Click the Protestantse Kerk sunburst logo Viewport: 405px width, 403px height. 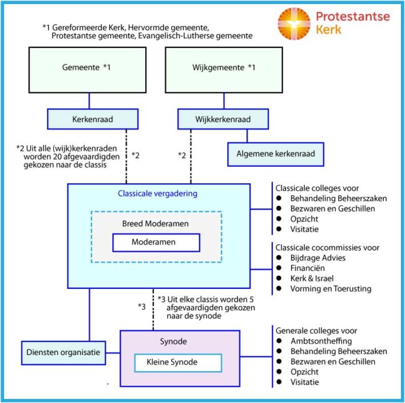(293, 23)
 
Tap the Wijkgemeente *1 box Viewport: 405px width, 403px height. (223, 69)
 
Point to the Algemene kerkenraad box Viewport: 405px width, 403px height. (275, 154)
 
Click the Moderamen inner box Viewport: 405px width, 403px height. (156, 242)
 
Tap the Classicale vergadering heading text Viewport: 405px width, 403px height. (157, 194)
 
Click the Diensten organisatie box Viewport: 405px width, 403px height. (63, 352)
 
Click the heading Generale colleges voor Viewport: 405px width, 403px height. (316, 331)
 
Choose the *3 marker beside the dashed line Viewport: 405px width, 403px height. (142, 307)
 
